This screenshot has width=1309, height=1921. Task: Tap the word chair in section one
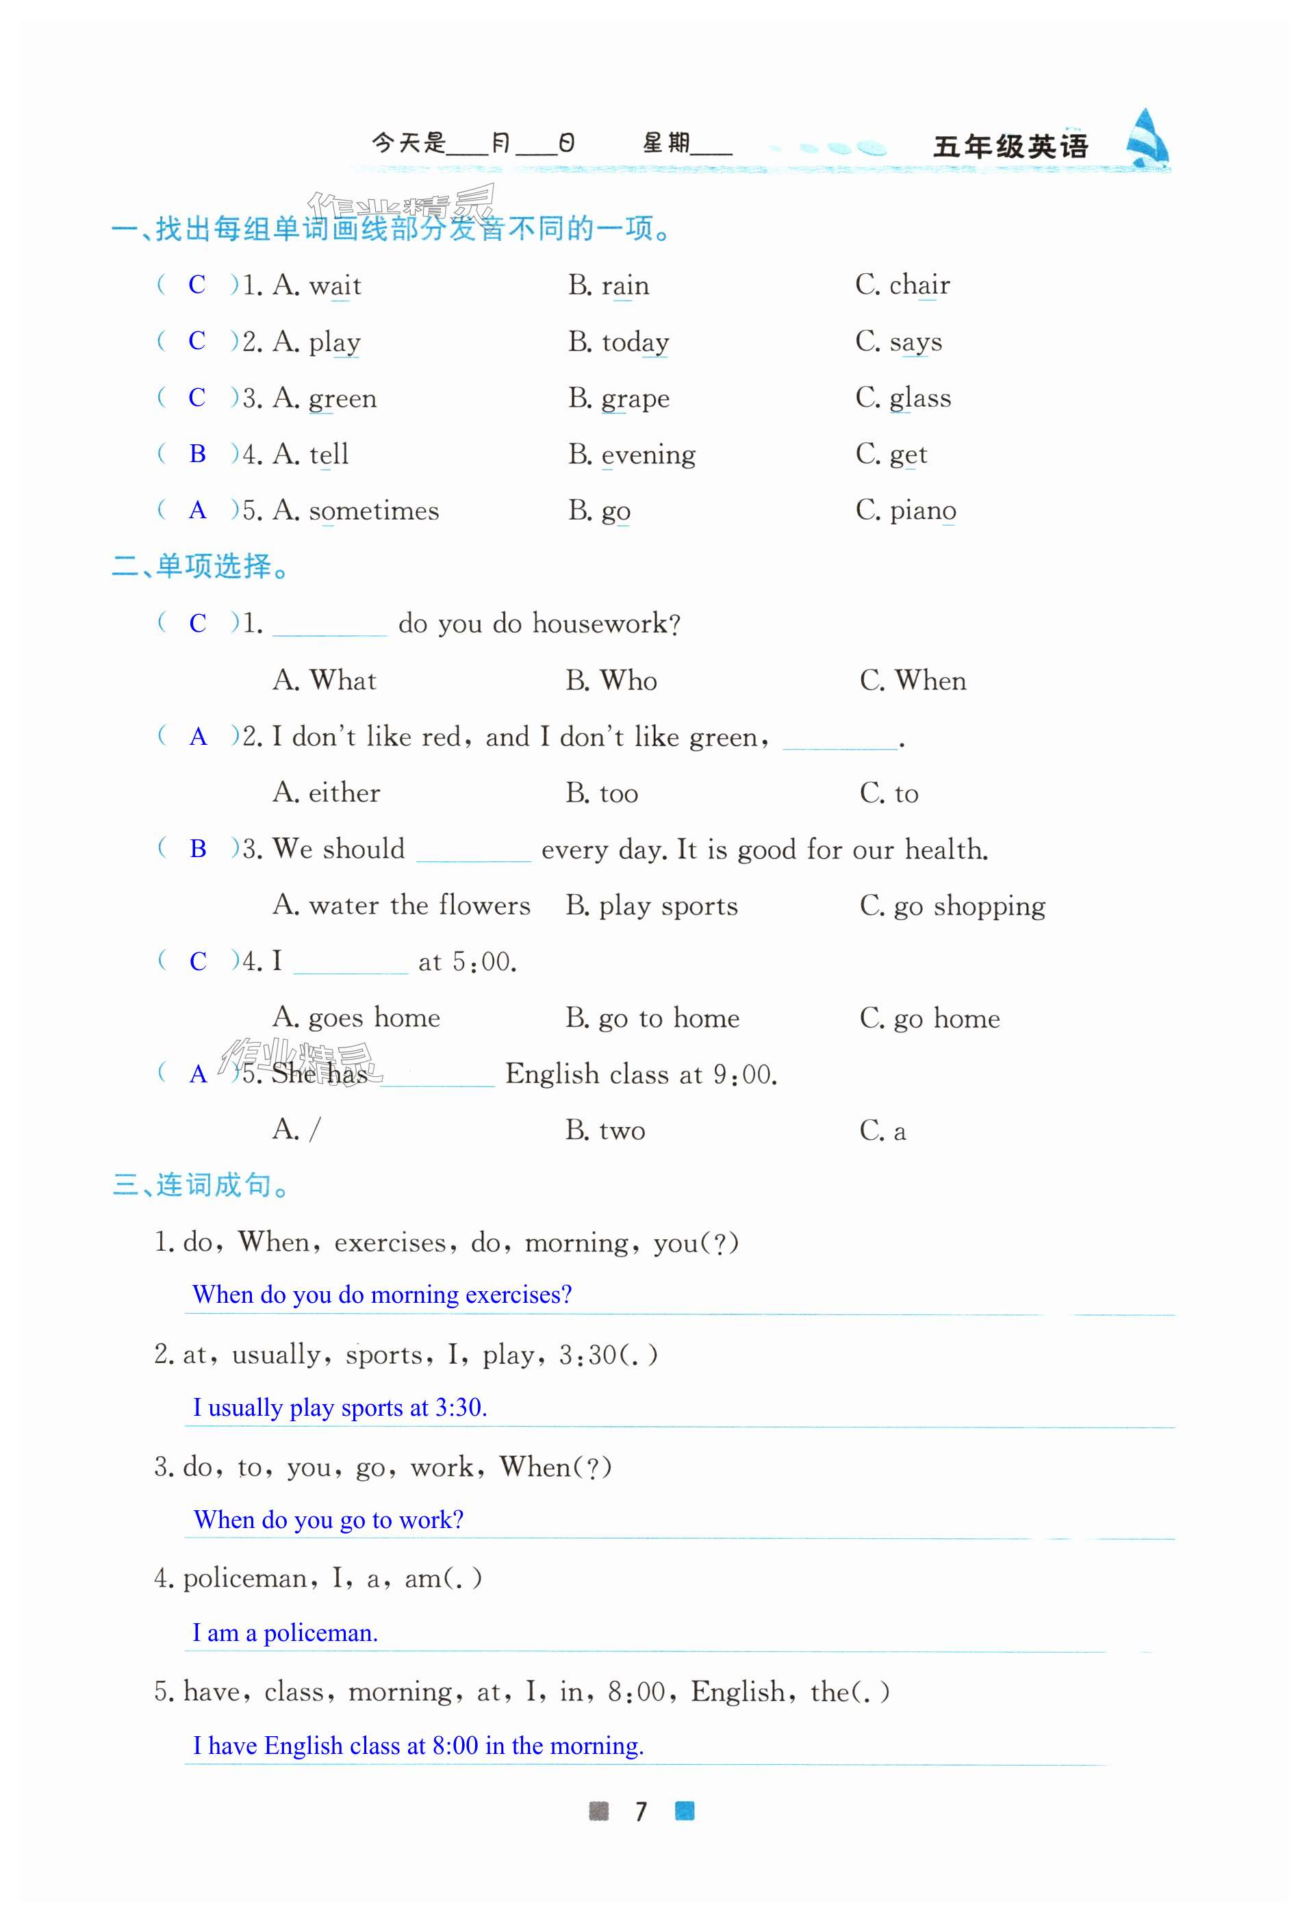919,285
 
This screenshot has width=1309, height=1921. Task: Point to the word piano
922,511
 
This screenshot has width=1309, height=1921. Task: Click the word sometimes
374,511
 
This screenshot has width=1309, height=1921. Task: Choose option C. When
913,680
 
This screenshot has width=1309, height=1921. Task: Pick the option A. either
327,793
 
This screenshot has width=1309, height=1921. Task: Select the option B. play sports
651,906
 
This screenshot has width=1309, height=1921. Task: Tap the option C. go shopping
952,906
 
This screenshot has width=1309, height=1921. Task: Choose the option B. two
605,1131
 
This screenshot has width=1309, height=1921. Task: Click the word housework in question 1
600,623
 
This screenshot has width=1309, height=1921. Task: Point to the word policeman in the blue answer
320,1633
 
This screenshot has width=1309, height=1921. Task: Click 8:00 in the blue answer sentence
455,1745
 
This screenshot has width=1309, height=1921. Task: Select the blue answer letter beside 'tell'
197,454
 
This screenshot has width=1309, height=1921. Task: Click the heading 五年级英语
1010,147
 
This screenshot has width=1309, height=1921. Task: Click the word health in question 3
945,850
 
